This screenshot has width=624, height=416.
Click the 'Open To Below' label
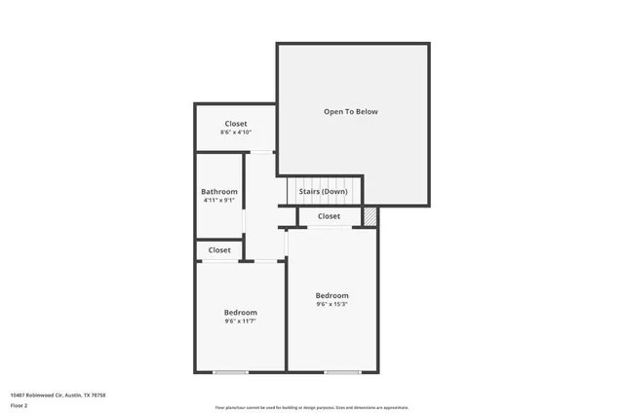(x=350, y=112)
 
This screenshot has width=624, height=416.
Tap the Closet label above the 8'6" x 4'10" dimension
(x=236, y=124)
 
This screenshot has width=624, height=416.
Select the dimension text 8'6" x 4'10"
(x=236, y=132)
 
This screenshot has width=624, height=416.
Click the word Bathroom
(x=219, y=192)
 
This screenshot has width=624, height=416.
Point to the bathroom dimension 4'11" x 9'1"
(x=219, y=201)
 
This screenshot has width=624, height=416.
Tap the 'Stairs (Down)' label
(x=323, y=191)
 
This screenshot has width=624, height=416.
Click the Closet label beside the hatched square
(x=329, y=216)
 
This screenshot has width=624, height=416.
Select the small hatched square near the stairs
(x=370, y=216)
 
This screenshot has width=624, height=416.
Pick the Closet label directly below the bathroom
(x=219, y=250)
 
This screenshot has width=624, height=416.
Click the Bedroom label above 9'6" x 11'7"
(x=240, y=313)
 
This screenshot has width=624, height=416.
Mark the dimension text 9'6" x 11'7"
(x=240, y=321)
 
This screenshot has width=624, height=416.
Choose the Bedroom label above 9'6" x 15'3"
(x=331, y=295)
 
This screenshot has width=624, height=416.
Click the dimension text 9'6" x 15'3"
(x=331, y=304)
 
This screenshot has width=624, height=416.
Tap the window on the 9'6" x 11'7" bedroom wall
(x=231, y=372)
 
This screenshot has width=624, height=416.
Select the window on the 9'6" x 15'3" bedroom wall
(x=342, y=372)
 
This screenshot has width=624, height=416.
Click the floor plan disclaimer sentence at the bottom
(x=312, y=407)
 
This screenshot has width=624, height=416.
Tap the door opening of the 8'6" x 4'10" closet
(x=261, y=152)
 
